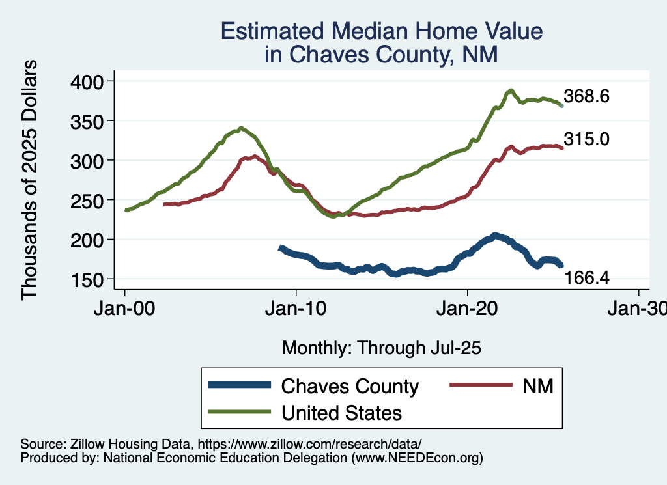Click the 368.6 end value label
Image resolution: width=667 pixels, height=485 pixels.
586,97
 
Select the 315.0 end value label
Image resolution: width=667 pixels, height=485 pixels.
586,139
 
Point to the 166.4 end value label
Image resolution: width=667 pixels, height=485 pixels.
586,279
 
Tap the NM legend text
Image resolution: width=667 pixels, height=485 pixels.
537,386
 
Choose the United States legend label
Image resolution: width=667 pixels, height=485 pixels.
341,413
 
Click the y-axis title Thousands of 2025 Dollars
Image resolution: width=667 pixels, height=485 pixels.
30,180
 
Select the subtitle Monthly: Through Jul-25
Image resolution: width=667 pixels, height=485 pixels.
382,348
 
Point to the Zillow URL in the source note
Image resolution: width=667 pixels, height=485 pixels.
310,443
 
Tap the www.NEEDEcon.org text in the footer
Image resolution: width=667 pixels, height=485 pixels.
417,458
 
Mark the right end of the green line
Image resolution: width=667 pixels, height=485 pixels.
561,105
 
